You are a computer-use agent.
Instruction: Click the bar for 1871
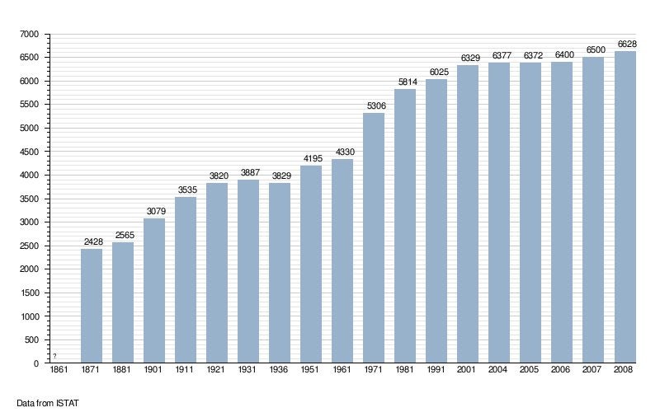click(92, 306)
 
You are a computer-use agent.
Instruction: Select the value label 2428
click(92, 241)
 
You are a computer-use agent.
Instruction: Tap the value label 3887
click(248, 173)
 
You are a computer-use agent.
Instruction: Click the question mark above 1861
click(54, 356)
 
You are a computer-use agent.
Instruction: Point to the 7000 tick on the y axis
click(30, 34)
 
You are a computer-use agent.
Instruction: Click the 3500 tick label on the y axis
click(30, 199)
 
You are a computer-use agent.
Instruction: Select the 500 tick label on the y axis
click(32, 339)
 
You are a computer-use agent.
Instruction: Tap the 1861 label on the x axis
click(59, 371)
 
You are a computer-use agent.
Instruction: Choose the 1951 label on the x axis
click(311, 371)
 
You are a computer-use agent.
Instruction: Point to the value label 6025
click(436, 73)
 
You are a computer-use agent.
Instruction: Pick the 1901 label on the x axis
click(154, 371)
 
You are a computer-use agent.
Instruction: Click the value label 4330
click(342, 152)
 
